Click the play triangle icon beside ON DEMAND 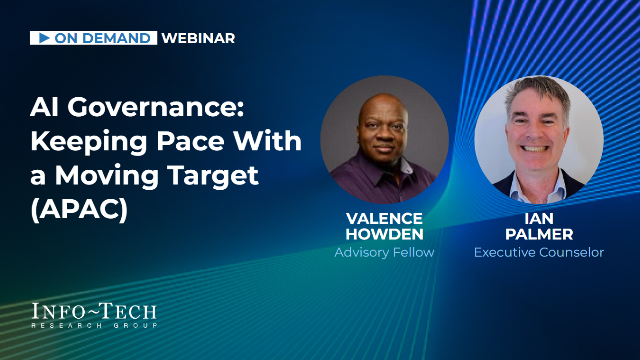coord(44,38)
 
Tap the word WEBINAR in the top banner coord(198,38)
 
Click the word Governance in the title coord(155,107)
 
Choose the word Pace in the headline coord(191,141)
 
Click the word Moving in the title coord(107,176)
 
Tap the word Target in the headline coord(213,176)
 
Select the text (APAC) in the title coord(80,210)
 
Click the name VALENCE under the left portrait coord(384,219)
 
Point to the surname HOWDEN coord(384,234)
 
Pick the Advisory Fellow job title coord(384,252)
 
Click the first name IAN coord(539,219)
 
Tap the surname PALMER coord(539,234)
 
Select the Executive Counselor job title coord(539,252)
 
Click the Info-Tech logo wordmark coord(94,311)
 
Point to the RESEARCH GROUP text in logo coord(94,325)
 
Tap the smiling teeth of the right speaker coord(534,149)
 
